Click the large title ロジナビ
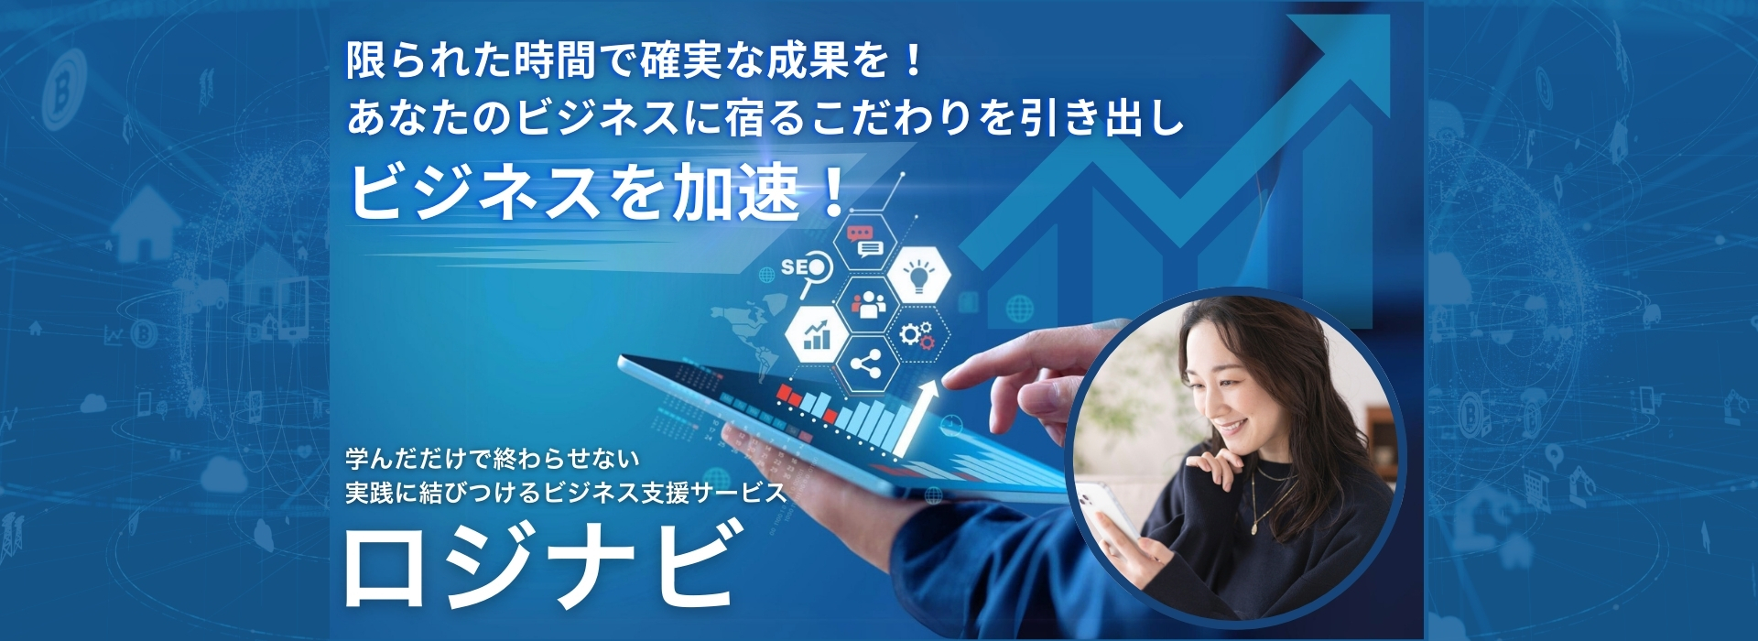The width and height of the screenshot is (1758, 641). [540, 567]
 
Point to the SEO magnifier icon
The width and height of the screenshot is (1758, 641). [807, 274]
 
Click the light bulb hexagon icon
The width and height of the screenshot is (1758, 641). [917, 272]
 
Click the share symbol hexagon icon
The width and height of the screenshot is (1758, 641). [865, 364]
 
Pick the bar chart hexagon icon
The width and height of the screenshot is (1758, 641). [816, 335]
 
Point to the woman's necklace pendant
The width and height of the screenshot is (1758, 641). [1255, 528]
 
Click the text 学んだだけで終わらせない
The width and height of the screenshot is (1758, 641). [492, 458]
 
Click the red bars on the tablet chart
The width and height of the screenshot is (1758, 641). [806, 402]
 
